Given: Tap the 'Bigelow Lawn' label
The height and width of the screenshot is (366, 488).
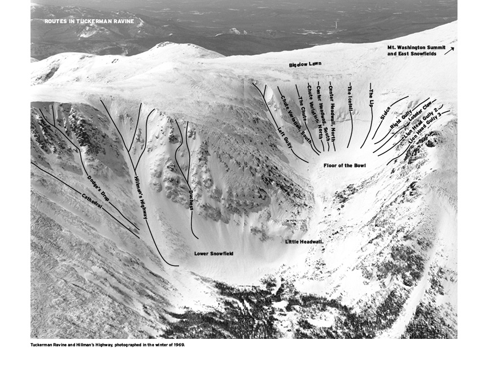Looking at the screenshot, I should (x=305, y=64).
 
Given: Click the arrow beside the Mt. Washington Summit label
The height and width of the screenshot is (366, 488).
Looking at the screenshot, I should (x=449, y=51).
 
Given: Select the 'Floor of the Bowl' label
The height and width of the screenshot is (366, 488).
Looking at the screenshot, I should (x=345, y=165).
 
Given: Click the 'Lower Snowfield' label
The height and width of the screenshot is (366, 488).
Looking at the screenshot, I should (x=213, y=254).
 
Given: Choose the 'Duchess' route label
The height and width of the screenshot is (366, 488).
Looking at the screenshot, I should (x=191, y=199).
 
